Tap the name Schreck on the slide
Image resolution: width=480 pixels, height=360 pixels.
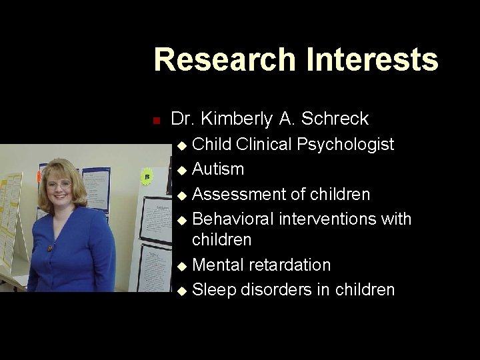point(335,119)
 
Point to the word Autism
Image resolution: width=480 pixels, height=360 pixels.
point(218,169)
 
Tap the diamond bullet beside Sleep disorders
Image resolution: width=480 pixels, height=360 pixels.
point(183,291)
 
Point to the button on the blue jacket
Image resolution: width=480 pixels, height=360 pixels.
point(49,248)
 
